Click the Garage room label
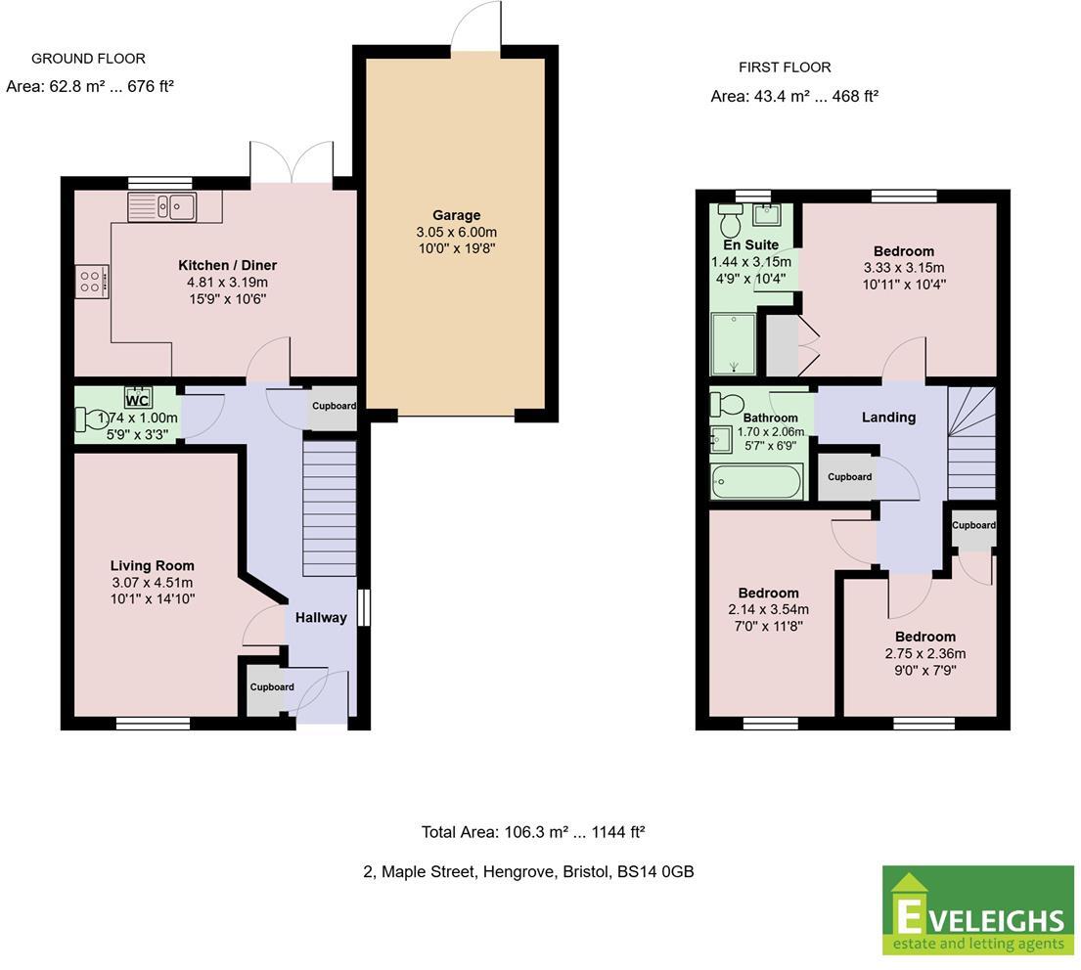(x=457, y=215)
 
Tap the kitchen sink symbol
(x=162, y=206)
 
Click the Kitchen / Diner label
(x=227, y=265)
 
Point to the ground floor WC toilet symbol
(x=89, y=419)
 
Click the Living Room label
(x=152, y=565)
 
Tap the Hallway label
(x=321, y=617)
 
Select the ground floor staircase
(x=329, y=508)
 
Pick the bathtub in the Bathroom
(x=757, y=482)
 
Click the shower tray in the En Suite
(x=733, y=343)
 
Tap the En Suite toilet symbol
(x=730, y=212)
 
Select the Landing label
(x=888, y=418)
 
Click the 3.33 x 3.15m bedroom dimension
(x=904, y=268)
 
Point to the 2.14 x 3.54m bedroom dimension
(x=768, y=609)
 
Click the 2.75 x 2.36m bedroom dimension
(x=924, y=653)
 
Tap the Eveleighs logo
(x=978, y=911)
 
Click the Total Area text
(x=532, y=832)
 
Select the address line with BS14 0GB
(x=528, y=871)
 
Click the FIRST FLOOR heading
(x=785, y=67)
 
